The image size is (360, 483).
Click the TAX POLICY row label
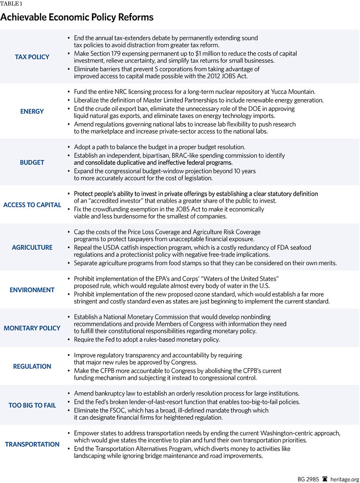pos(32,57)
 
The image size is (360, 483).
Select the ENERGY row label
pos(32,111)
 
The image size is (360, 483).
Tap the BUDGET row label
pos(32,162)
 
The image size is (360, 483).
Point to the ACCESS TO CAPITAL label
pos(32,205)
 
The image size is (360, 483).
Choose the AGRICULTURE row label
pos(32,247)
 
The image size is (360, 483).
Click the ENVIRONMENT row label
pos(32,290)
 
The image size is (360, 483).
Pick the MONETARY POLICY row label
pos(32,328)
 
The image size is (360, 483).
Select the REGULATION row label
pos(32,366)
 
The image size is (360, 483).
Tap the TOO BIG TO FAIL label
pos(32,405)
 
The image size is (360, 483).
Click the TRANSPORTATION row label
pos(32,444)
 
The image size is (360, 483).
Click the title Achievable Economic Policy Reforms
pos(77,17)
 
